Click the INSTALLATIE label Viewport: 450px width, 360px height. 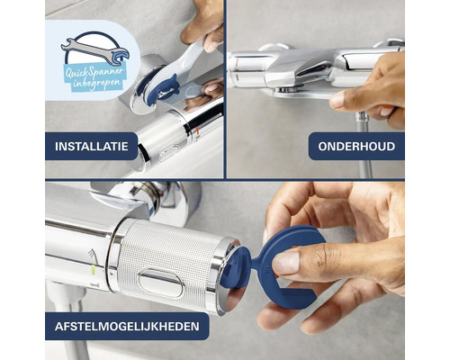(x=92, y=145)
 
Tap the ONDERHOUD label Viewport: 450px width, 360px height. (x=356, y=146)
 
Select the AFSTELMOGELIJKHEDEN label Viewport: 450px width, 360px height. (x=127, y=325)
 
